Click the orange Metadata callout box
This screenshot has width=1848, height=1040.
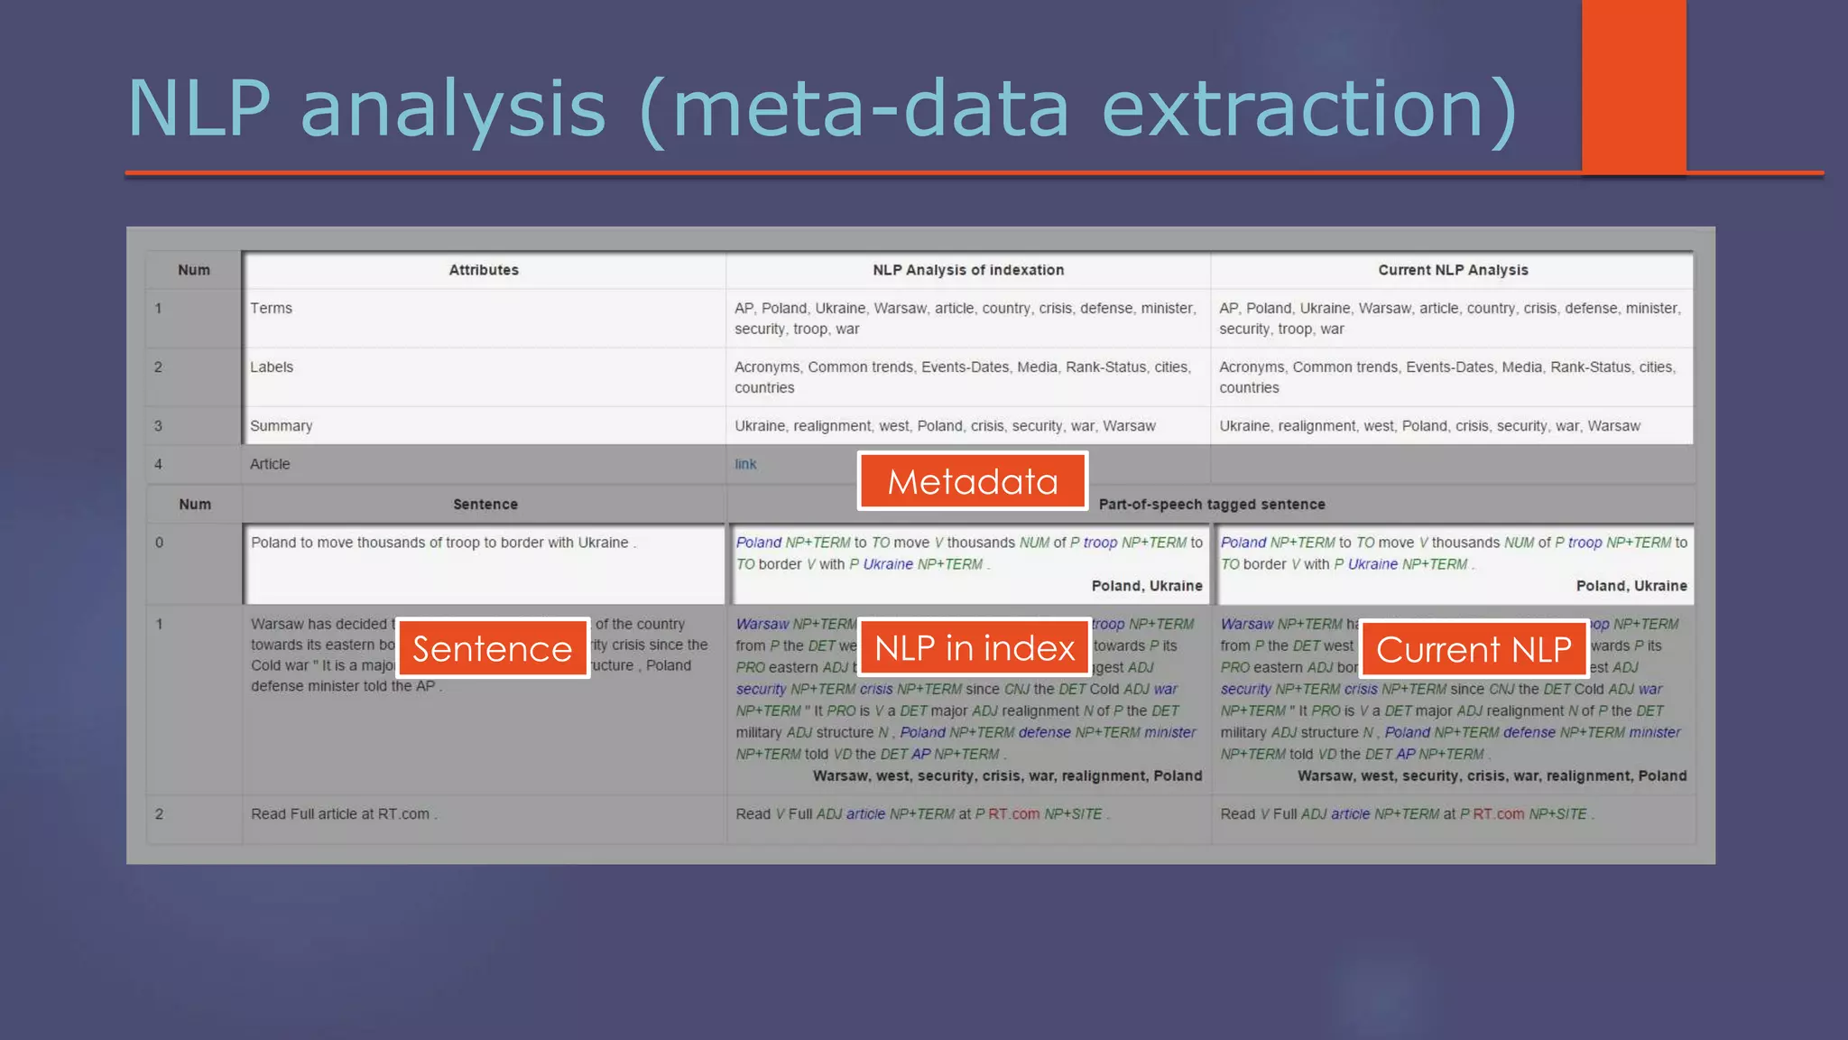tap(972, 481)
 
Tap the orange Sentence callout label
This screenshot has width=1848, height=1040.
tap(493, 648)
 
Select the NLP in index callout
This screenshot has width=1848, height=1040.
tap(975, 647)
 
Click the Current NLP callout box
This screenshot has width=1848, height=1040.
tap(1474, 648)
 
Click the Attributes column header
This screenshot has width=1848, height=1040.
tap(484, 270)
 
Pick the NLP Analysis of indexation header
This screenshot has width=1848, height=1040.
tap(968, 270)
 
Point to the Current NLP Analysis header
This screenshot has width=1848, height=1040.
tap(1453, 270)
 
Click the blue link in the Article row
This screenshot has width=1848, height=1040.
tap(745, 464)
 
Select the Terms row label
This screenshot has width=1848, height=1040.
tap(271, 308)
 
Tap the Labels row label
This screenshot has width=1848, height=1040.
tap(272, 367)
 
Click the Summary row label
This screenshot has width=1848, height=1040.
tap(281, 426)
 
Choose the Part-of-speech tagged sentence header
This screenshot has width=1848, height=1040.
tap(1212, 505)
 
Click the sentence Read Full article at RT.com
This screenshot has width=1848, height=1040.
tap(343, 814)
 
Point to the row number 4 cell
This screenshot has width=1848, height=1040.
tap(159, 464)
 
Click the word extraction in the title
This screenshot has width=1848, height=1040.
tap(1292, 108)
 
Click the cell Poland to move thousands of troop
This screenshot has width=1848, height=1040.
tap(443, 543)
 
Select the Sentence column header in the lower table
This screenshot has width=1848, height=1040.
tap(485, 505)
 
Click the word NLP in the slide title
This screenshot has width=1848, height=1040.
tap(199, 108)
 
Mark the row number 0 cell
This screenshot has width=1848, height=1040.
tap(160, 543)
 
